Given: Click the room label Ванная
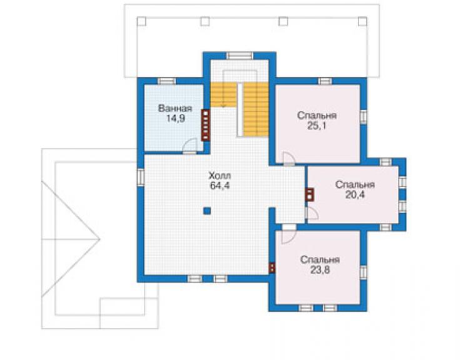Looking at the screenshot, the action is click(x=175, y=108).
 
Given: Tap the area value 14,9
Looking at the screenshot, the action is click(x=175, y=119).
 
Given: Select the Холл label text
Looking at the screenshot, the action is click(x=220, y=175).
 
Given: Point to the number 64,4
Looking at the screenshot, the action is click(x=220, y=186).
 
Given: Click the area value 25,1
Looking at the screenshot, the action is click(x=317, y=126).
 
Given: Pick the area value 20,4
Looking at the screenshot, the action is click(x=355, y=195).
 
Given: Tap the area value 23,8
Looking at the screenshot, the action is click(x=320, y=270).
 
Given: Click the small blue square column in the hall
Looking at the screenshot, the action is click(x=207, y=211).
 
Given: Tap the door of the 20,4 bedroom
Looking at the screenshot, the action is click(x=312, y=213).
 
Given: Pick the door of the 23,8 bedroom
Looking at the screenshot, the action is click(x=288, y=235).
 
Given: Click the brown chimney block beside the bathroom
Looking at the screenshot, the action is click(x=205, y=125).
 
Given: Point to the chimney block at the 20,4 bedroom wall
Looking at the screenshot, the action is click(x=310, y=195).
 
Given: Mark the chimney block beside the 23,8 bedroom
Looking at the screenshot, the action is click(x=272, y=267).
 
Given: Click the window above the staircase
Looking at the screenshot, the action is click(x=240, y=56).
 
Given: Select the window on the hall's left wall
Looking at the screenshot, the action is click(x=141, y=177).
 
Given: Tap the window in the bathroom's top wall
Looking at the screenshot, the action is click(x=167, y=81).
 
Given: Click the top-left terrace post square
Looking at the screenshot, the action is click(x=141, y=21).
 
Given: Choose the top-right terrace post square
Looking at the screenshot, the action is click(x=363, y=21).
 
